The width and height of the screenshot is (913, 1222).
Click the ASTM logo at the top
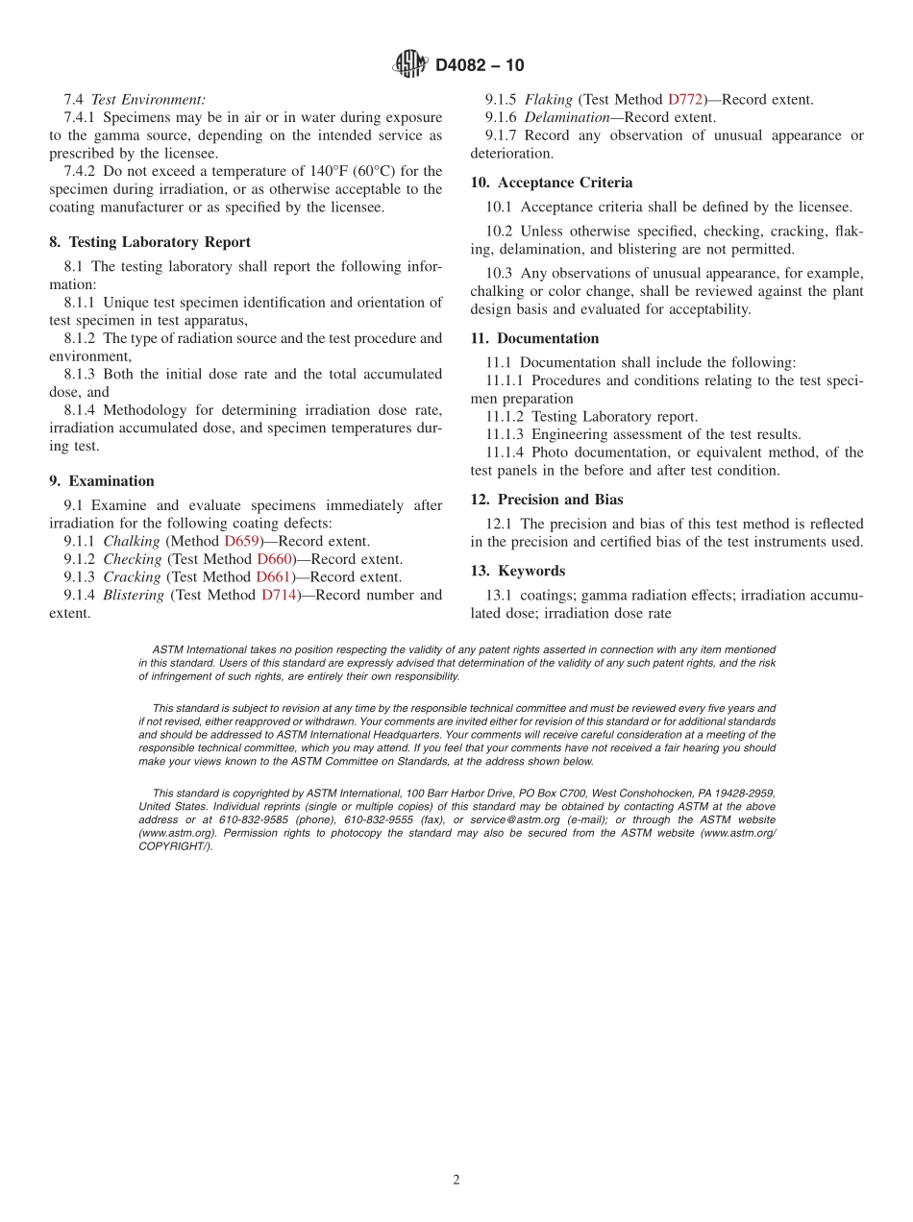[410, 64]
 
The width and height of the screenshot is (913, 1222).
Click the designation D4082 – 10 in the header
[480, 65]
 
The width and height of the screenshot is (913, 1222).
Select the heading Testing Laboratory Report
[160, 242]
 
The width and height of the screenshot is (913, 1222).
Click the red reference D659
[242, 542]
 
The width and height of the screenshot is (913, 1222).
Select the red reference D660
[275, 559]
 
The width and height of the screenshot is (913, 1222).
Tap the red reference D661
[274, 577]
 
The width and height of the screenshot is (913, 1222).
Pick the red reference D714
[280, 596]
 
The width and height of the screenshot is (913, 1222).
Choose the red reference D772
[686, 99]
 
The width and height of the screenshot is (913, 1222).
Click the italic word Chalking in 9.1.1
[132, 542]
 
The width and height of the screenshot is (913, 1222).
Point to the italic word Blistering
[134, 596]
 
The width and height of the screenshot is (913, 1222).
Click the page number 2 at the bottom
[456, 1180]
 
